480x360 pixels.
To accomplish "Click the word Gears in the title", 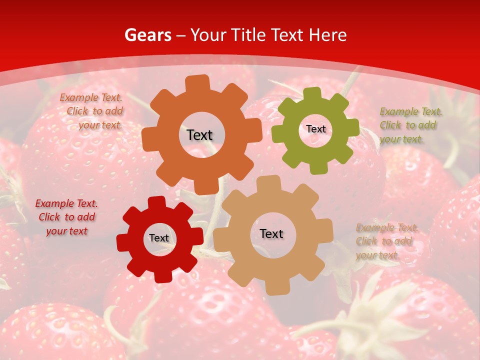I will pos(147,35).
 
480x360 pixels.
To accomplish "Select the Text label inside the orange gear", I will pos(199,135).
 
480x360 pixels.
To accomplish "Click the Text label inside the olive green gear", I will pos(315,129).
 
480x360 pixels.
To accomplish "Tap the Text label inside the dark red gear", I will pos(159,238).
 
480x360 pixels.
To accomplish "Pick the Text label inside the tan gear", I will pos(271,233).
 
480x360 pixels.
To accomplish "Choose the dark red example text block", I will pos(66,217).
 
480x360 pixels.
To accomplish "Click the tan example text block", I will pos(386,241).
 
